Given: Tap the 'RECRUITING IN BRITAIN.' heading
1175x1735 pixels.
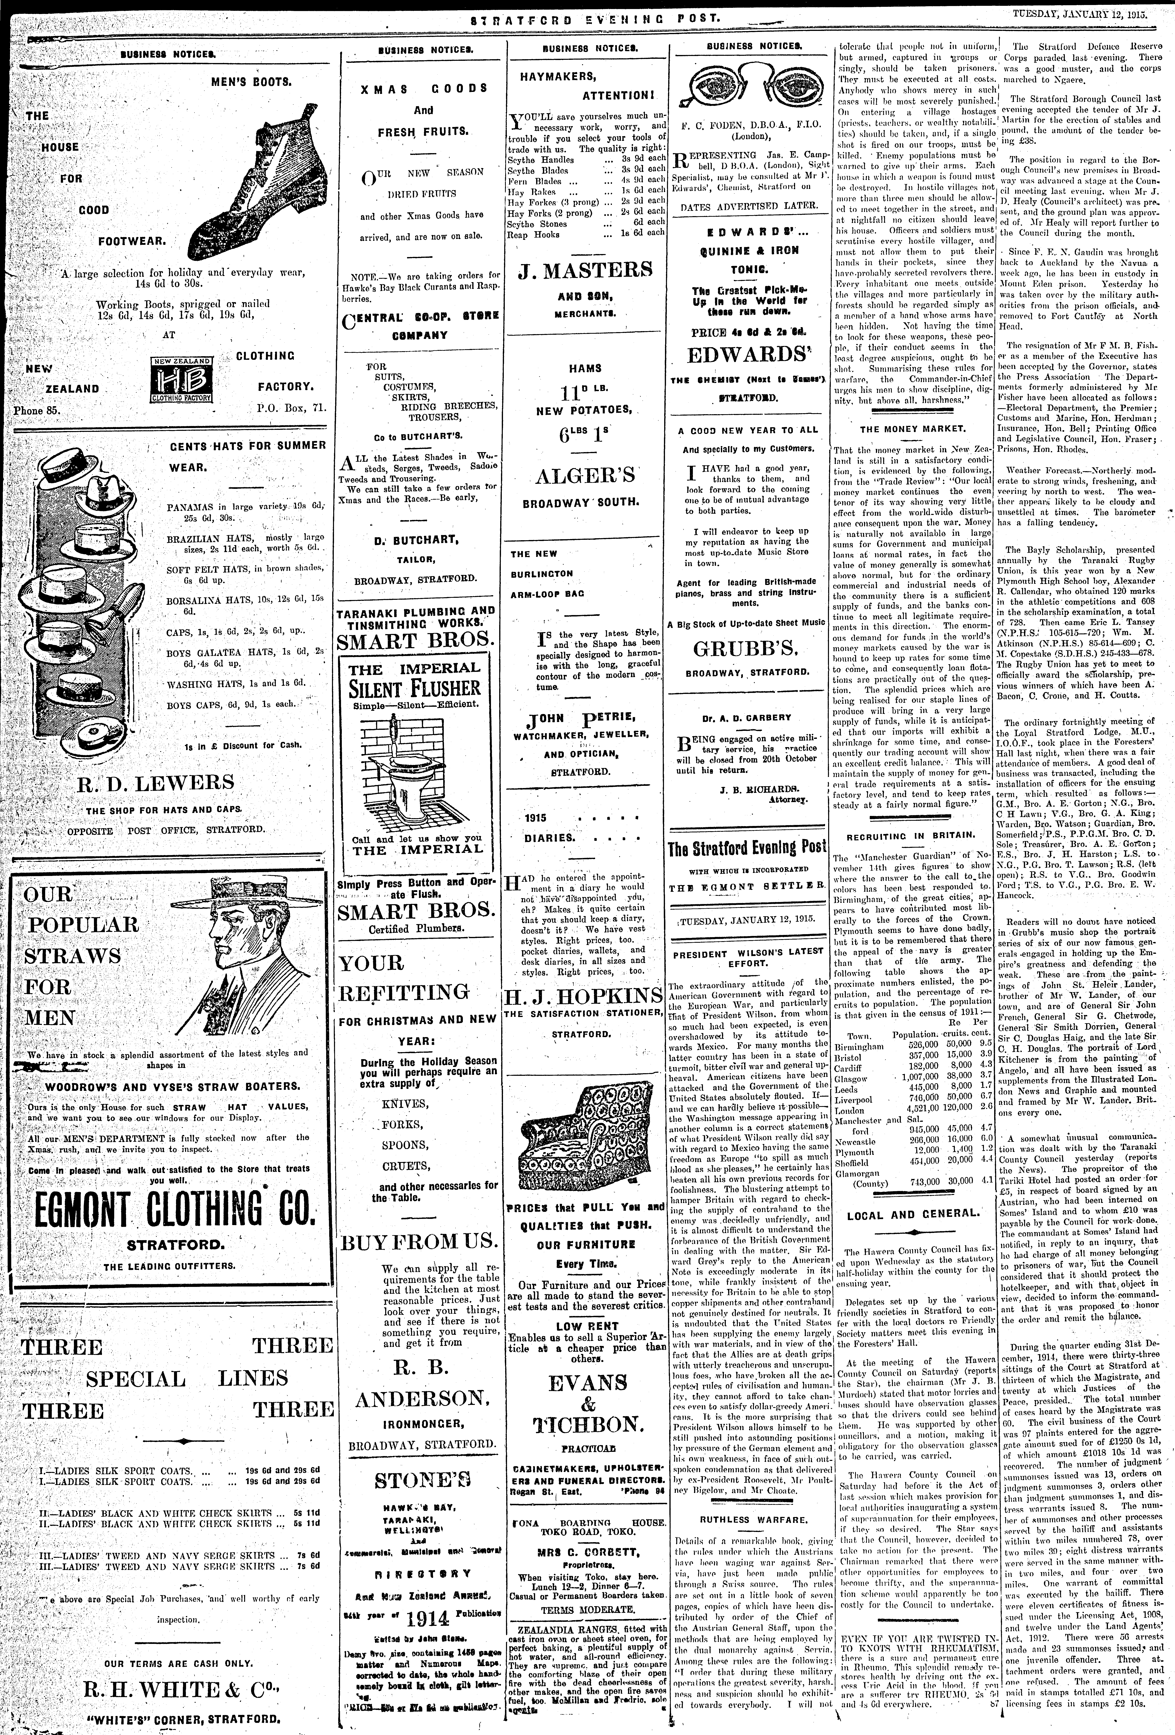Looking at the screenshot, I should (911, 835).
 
